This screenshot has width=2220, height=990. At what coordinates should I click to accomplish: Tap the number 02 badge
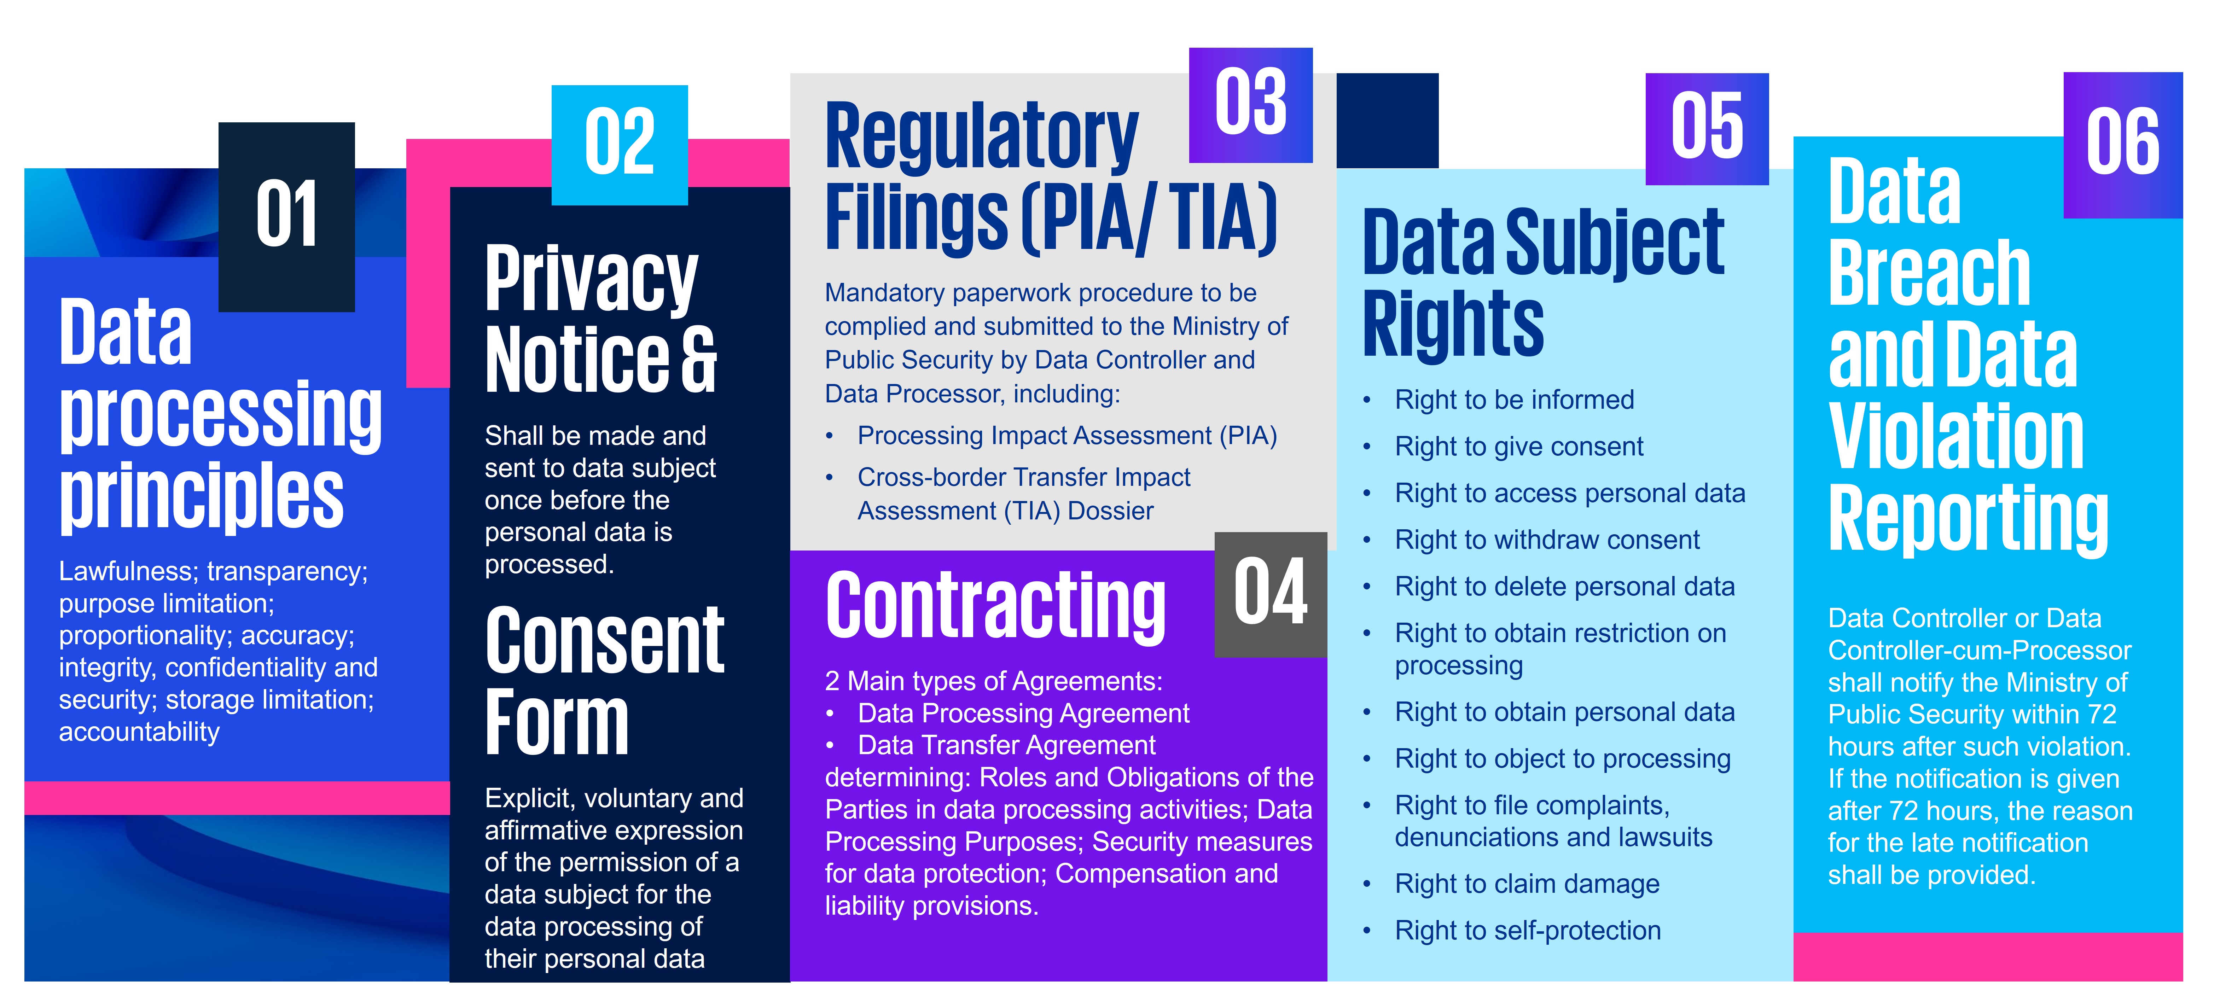(620, 145)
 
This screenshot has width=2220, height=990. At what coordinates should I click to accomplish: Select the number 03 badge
(1250, 105)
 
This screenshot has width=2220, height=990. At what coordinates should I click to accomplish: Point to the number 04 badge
(1270, 594)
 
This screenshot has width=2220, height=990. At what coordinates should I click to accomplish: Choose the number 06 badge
(2123, 145)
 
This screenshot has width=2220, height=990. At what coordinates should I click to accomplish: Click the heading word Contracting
(995, 607)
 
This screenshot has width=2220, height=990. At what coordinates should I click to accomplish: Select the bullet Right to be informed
(1514, 400)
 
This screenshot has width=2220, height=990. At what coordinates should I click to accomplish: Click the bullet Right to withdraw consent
(1547, 540)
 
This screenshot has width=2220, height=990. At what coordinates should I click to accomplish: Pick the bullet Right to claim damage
(1527, 884)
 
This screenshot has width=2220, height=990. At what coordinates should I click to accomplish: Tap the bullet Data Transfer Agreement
(1007, 745)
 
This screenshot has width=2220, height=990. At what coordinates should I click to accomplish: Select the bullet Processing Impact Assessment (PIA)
(1067, 436)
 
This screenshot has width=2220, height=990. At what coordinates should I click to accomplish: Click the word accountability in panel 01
(140, 732)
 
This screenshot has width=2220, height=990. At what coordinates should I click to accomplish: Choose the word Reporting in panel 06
(1968, 519)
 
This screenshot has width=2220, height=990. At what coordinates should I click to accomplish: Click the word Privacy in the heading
(591, 280)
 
